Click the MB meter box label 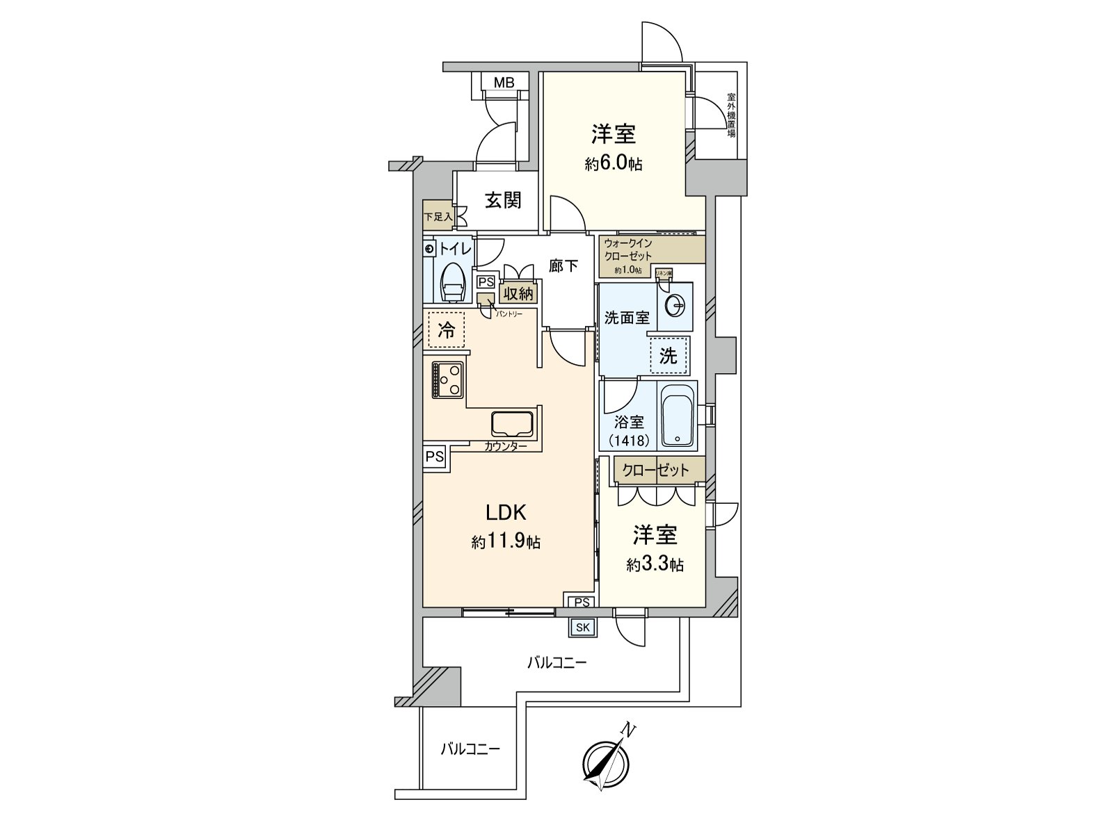pos(504,83)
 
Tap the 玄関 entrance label pos(503,201)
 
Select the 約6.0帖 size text pos(614,165)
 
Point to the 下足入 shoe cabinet pos(438,217)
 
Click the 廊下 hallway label pos(563,265)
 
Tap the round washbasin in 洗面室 pos(675,305)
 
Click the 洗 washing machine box pos(668,357)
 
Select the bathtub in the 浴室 pos(677,416)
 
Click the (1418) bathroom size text pos(629,440)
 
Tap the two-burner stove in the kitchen pos(448,380)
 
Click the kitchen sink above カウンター pos(512,424)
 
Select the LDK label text pos(505,513)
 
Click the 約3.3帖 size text pos(655,565)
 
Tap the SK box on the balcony pos(582,628)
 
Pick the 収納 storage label pos(518,294)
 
